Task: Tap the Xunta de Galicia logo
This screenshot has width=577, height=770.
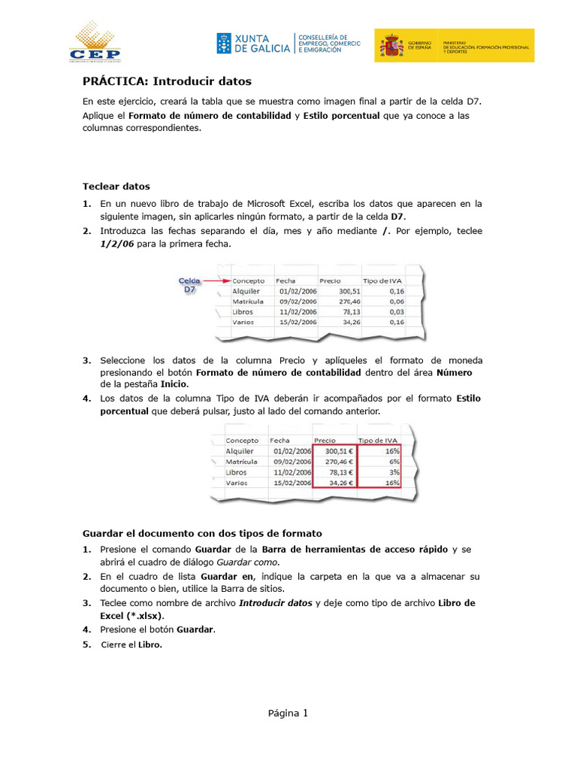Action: tap(253, 43)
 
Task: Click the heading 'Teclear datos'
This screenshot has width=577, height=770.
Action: tap(116, 186)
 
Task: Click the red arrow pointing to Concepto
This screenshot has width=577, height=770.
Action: tap(214, 280)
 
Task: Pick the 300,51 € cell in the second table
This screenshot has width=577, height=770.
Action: tap(335, 451)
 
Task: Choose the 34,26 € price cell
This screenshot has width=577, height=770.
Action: tap(335, 483)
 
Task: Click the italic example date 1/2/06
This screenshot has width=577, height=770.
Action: tap(118, 244)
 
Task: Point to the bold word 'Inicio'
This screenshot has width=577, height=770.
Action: tap(173, 383)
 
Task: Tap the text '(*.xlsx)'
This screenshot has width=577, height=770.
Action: tap(142, 615)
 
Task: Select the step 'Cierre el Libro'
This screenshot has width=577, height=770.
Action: tap(131, 644)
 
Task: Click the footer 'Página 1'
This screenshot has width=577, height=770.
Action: tap(288, 714)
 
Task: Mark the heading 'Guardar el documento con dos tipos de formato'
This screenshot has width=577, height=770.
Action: tap(201, 533)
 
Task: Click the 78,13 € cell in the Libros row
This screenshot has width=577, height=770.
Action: tap(335, 472)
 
